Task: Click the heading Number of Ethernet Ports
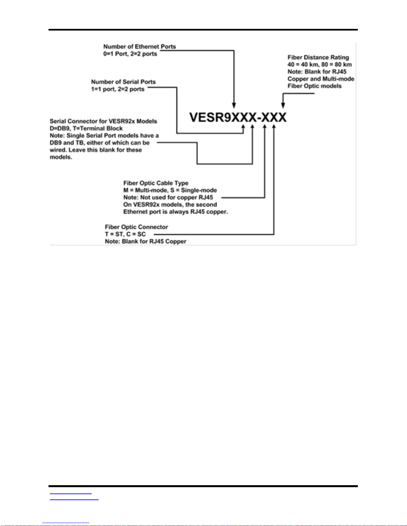click(140, 46)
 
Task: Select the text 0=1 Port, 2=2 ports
click(130, 54)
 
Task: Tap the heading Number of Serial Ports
click(123, 82)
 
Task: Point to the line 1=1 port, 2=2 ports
click(118, 89)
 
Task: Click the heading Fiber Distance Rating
click(318, 57)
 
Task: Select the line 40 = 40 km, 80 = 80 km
click(320, 65)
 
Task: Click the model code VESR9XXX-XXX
click(238, 117)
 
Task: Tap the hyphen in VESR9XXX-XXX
click(259, 118)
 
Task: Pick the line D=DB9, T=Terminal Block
click(86, 128)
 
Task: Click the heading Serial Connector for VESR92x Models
click(103, 121)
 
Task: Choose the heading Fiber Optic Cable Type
click(156, 183)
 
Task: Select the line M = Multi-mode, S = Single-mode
click(170, 190)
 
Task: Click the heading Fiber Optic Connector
click(137, 227)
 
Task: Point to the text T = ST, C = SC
click(125, 234)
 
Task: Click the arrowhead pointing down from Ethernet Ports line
click(234, 106)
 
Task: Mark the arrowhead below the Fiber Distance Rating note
click(283, 106)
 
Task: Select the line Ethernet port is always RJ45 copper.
click(176, 212)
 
